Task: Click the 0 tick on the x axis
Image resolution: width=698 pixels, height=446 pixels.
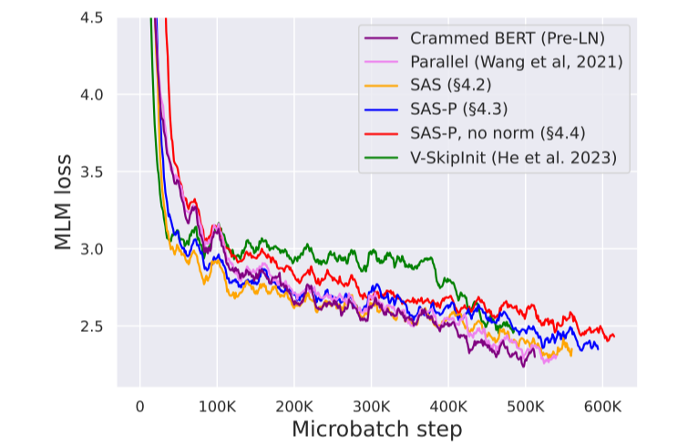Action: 139,405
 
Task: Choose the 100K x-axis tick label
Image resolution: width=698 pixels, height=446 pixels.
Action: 217,405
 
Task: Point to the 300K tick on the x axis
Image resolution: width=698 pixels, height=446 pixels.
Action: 371,405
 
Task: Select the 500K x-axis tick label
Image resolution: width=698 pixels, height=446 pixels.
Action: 525,405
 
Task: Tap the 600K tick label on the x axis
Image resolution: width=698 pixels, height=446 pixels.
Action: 601,405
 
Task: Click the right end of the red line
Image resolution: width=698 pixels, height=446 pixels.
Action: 614,337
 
